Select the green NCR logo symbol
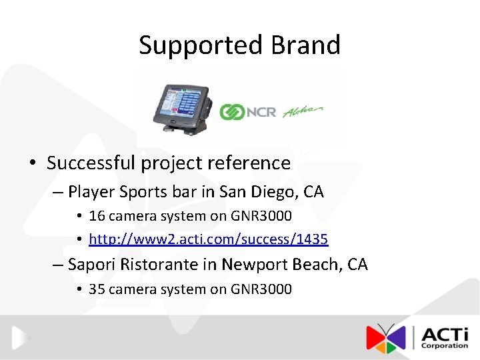(233, 112)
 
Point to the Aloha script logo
(303, 111)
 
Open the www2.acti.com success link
(208, 239)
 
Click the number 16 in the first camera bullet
(97, 216)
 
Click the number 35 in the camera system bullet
(97, 289)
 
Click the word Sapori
(92, 265)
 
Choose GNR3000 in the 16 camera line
(261, 216)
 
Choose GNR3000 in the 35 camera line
(261, 289)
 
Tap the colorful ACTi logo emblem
(385, 338)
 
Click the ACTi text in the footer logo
(444, 333)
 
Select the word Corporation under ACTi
(444, 346)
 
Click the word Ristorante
(159, 265)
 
